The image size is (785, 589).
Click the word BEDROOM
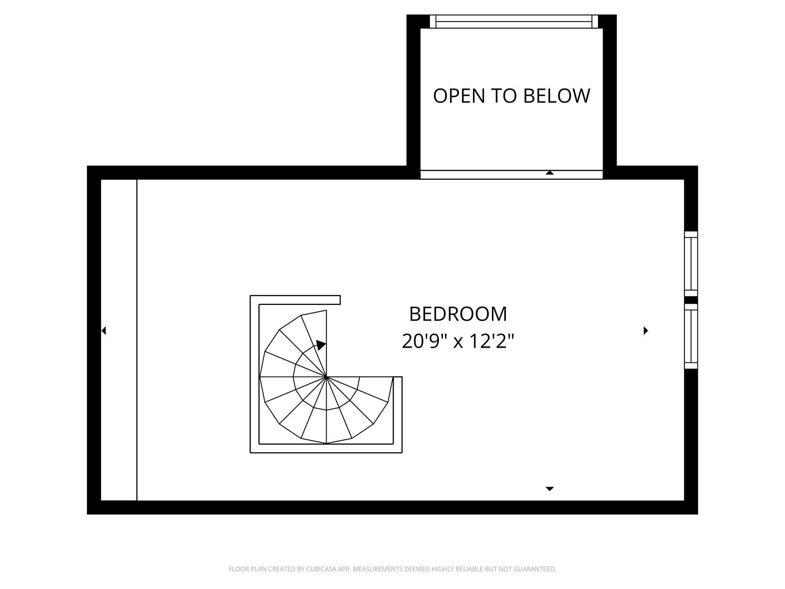tap(458, 314)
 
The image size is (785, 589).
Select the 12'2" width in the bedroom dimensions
tap(492, 341)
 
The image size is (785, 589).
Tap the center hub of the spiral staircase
tap(326, 377)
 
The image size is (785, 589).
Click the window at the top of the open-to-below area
tap(514, 21)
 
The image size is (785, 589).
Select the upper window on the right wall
tap(691, 264)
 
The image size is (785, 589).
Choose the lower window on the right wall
tap(691, 336)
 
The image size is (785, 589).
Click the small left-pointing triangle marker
tap(103, 331)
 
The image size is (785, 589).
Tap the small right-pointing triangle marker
tap(646, 331)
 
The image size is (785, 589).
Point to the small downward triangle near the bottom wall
tap(550, 489)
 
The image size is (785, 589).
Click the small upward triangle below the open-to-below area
tap(550, 173)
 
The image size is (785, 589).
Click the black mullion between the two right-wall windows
tap(691, 300)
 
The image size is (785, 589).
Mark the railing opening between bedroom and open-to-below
tap(479, 175)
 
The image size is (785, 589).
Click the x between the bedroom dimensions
tap(458, 342)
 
